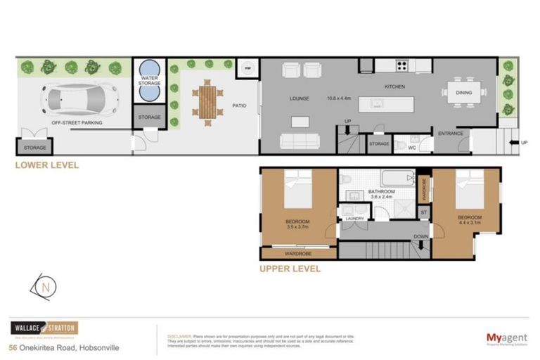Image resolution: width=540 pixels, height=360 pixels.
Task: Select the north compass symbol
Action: coord(45,288)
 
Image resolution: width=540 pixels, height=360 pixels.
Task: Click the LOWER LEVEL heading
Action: coord(48,166)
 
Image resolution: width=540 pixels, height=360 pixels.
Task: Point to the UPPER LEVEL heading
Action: coord(290,269)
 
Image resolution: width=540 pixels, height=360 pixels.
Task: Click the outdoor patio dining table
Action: coord(208,101)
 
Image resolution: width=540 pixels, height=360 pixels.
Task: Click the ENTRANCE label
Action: coord(450,134)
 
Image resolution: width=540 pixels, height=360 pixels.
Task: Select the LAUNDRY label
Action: coord(354,219)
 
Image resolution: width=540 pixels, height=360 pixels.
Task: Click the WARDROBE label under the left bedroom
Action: coord(298,252)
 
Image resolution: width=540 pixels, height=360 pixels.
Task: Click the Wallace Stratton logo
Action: coord(44,328)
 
